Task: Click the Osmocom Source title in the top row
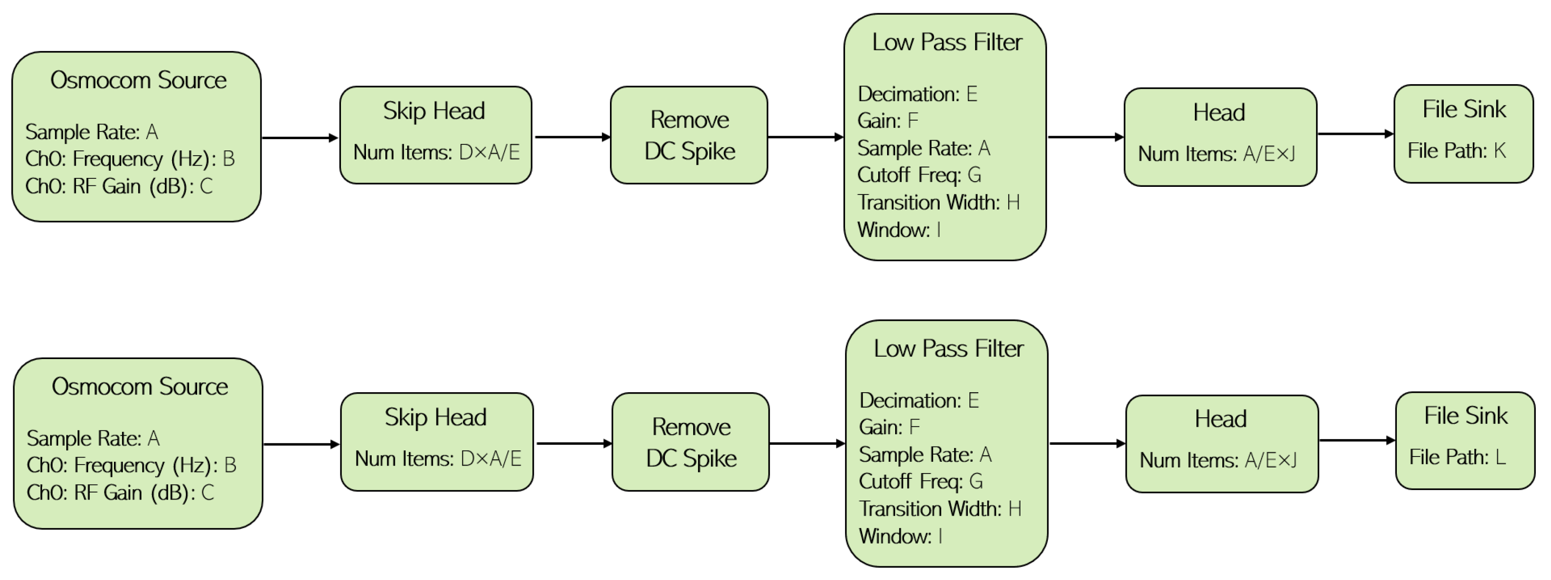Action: [x=138, y=80]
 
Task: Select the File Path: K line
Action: [x=1456, y=150]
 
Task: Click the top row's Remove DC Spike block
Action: [x=689, y=135]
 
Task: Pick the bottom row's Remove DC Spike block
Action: [x=690, y=442]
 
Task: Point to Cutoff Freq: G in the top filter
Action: [x=919, y=175]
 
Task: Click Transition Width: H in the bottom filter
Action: [x=939, y=509]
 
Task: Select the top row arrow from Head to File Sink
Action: [x=1355, y=134]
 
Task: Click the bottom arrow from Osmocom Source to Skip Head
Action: [x=301, y=445]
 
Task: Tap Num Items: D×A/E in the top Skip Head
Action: [x=436, y=152]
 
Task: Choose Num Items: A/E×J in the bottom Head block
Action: [x=1218, y=460]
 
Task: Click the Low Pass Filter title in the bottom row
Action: [x=948, y=349]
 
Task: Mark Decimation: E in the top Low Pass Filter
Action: [x=917, y=94]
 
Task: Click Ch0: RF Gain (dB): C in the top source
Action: [x=119, y=186]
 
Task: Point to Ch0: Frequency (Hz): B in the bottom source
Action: [x=131, y=465]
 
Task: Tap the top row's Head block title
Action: [x=1219, y=113]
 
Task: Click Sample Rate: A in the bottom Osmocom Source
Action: [x=93, y=438]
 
